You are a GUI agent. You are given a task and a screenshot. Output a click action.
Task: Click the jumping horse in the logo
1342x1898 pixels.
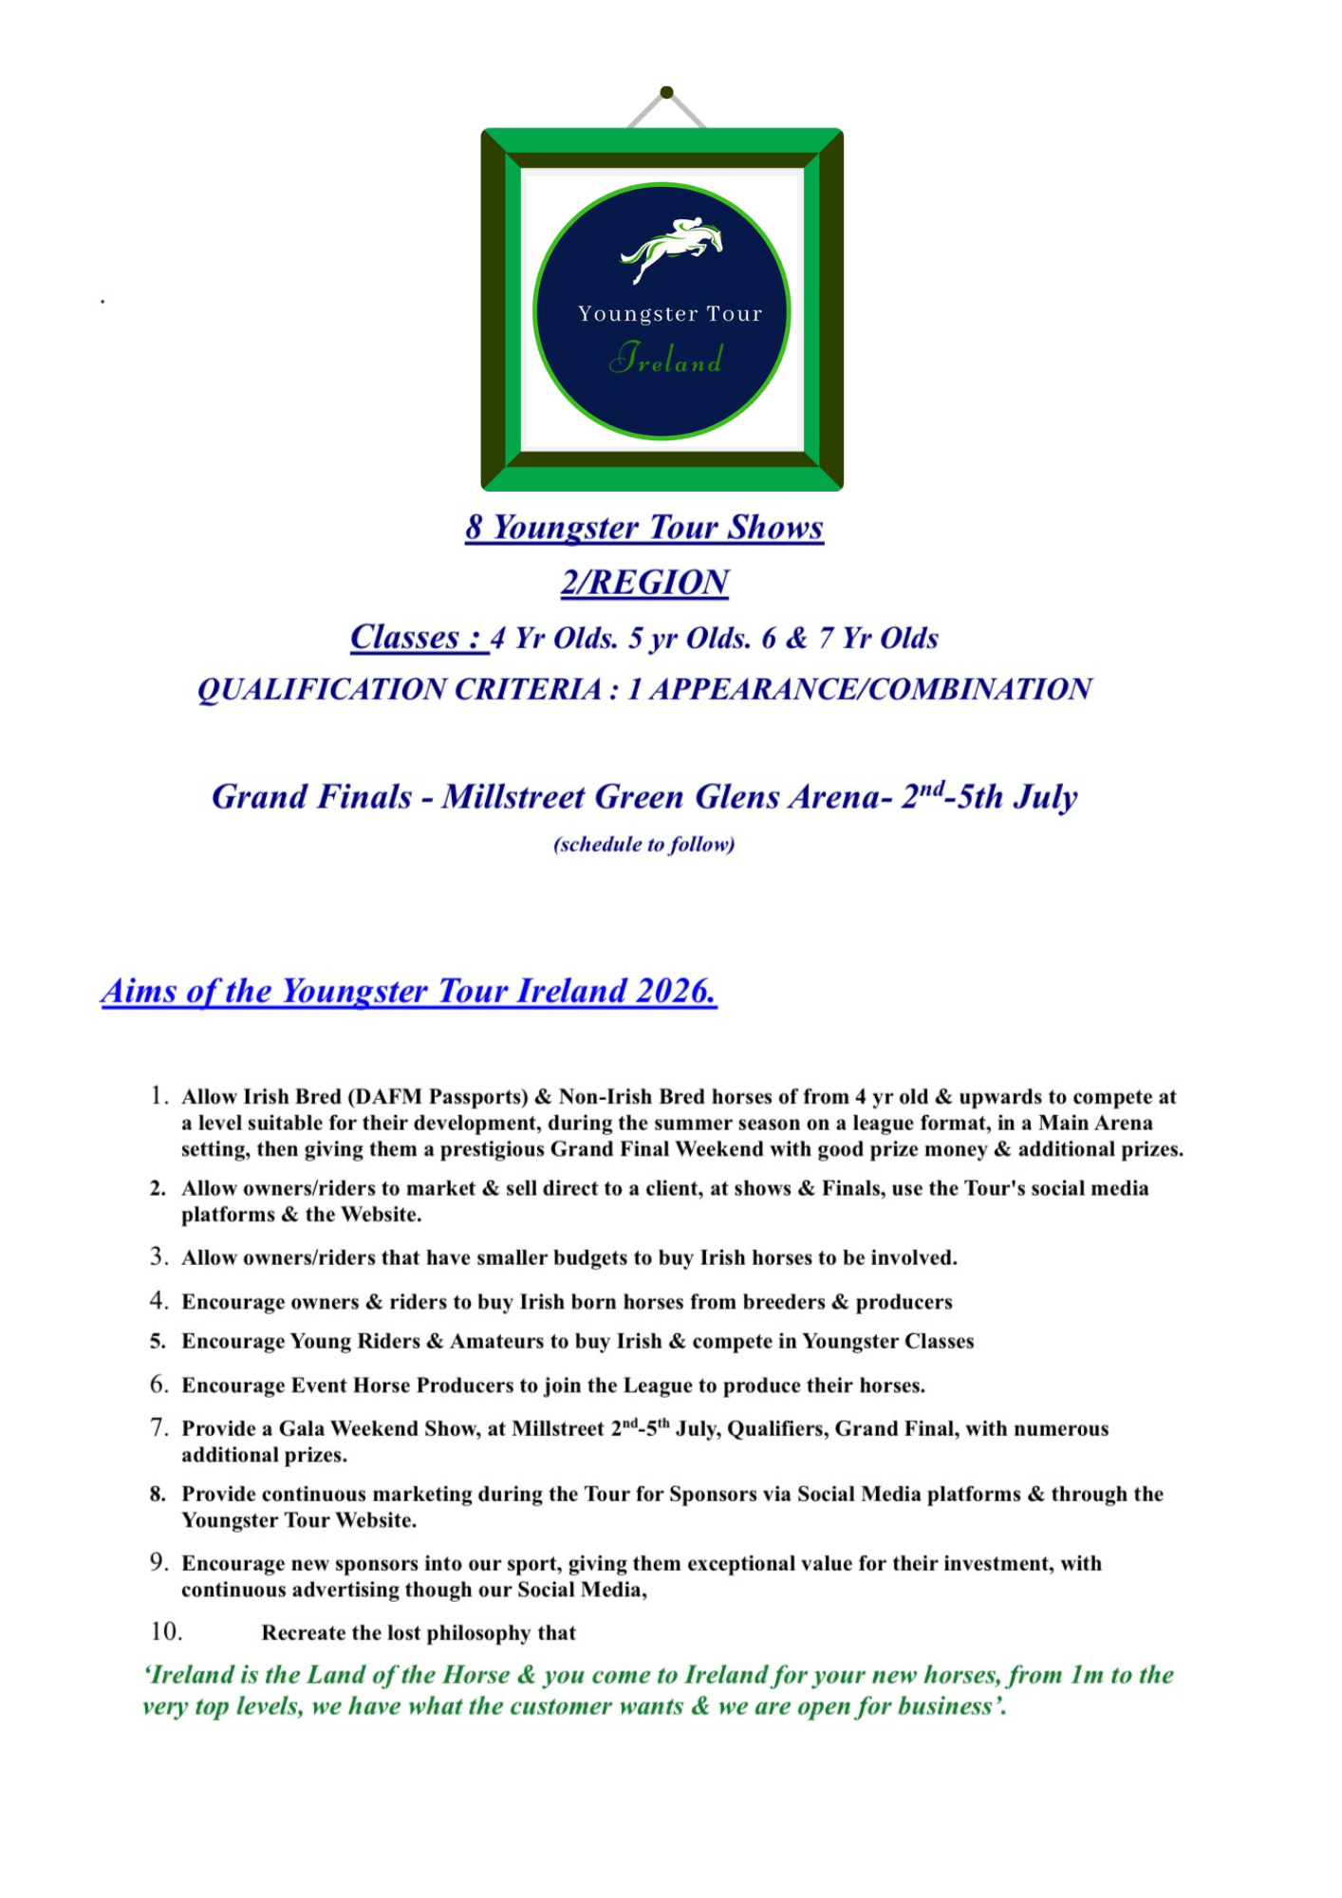[672, 249]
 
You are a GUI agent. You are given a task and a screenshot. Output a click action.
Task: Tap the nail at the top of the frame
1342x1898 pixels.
[666, 92]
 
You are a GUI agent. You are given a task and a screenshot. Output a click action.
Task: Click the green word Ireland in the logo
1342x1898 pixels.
[666, 359]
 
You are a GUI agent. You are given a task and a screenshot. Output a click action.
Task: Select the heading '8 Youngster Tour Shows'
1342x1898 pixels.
[644, 528]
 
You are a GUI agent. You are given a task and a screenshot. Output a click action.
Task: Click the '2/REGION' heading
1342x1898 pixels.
[644, 582]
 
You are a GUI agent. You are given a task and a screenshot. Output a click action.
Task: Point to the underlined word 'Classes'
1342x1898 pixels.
[405, 637]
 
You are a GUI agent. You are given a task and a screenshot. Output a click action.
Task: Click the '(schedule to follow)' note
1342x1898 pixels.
[644, 845]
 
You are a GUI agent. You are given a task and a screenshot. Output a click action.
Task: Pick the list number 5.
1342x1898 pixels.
[158, 1342]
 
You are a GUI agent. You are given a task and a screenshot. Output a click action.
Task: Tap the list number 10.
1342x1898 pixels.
[166, 1631]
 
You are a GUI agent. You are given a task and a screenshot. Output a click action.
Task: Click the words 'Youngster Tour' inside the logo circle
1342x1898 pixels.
[670, 314]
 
